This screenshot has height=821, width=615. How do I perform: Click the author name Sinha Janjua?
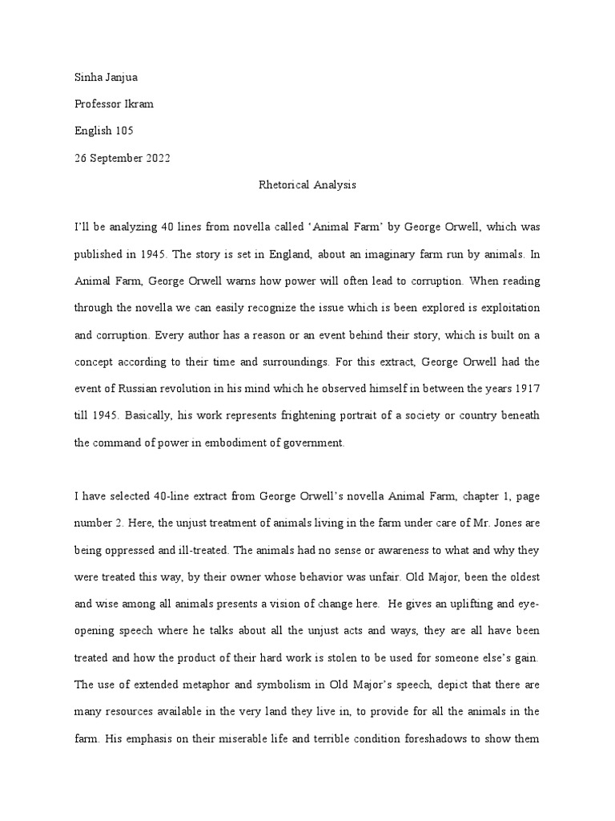pyautogui.click(x=106, y=77)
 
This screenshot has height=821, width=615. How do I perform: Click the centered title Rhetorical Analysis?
pyautogui.click(x=307, y=185)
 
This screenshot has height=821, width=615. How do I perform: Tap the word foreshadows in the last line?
pyautogui.click(x=449, y=736)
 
